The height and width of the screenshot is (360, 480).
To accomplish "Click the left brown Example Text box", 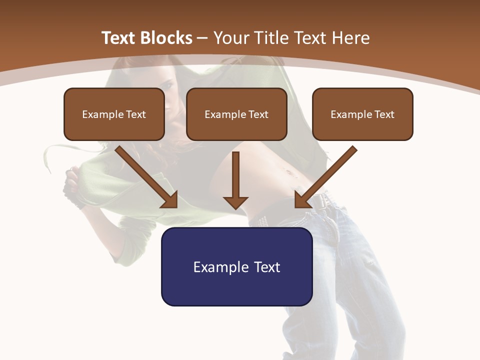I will pos(114,114).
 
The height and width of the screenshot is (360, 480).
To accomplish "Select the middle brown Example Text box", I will pos(236,114).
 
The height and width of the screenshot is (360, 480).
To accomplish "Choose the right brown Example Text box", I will pos(362,114).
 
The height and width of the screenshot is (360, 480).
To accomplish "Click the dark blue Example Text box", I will pos(236,266).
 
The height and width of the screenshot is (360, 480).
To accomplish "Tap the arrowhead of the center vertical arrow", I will pos(235,202).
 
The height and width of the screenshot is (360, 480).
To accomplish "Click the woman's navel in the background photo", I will pos(288,173).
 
